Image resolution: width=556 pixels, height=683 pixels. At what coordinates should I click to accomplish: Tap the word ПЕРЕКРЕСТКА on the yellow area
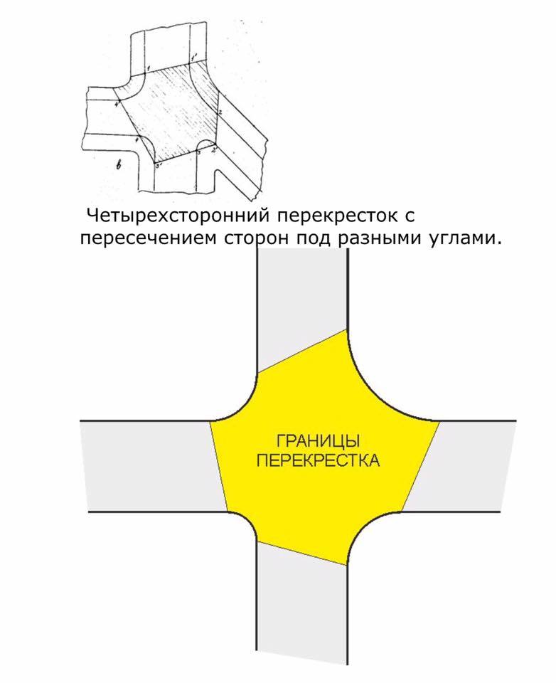click(317, 461)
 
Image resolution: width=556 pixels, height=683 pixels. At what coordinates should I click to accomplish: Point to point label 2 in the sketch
click(221, 112)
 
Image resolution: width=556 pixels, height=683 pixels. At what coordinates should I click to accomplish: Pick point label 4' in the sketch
click(117, 105)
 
